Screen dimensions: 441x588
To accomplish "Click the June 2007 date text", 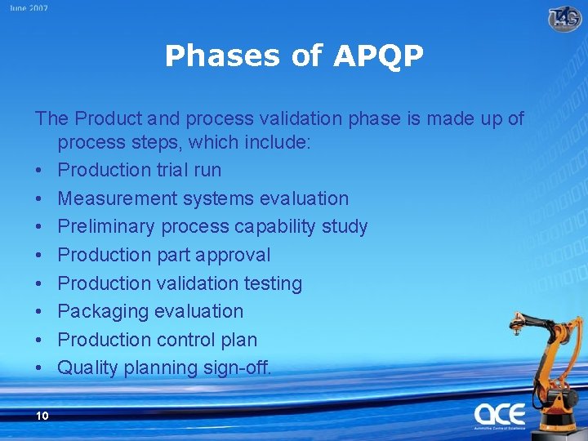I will pos(29,8).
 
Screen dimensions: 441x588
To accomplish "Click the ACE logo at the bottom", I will pos(500,414).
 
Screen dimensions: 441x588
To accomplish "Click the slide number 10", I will pos(42,416).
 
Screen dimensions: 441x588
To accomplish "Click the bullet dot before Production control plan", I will pos(40,341).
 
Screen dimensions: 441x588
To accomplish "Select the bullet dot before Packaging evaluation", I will pos(40,312).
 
